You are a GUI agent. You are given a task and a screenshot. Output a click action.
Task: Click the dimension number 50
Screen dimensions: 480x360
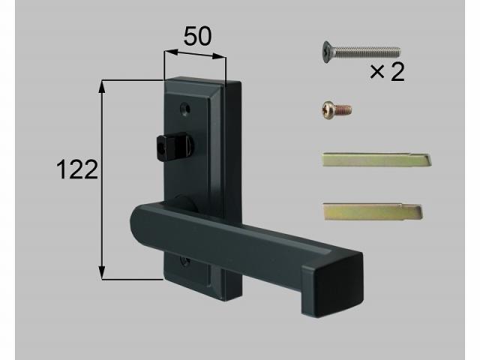[x=197, y=36]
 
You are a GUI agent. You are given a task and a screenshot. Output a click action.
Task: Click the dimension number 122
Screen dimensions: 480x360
[x=77, y=169]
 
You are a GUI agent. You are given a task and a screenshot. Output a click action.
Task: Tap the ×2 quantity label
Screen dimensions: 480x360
[x=387, y=72]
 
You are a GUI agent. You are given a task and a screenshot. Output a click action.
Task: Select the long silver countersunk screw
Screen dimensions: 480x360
[x=361, y=52]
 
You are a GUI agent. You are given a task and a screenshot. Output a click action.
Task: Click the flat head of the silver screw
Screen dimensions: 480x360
[x=326, y=52]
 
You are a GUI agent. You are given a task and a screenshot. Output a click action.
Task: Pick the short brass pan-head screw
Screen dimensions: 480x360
[x=337, y=109]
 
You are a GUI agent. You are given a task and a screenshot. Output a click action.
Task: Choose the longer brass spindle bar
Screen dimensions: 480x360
[x=376, y=159]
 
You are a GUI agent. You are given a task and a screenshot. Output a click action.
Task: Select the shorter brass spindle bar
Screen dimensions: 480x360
[x=373, y=211]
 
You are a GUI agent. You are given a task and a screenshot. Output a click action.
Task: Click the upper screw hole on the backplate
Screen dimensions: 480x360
[x=185, y=109]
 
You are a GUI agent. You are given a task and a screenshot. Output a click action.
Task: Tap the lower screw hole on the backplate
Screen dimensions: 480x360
[x=184, y=262]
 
